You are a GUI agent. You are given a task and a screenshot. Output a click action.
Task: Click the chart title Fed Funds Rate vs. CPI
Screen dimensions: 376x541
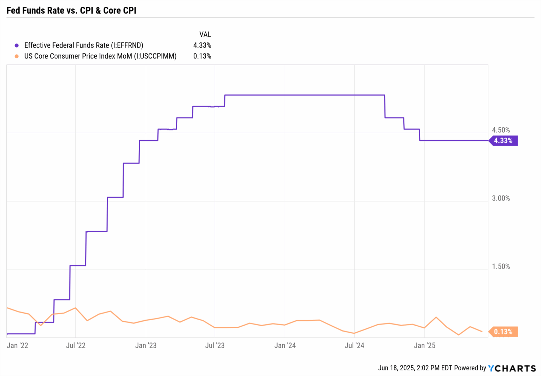[71, 11]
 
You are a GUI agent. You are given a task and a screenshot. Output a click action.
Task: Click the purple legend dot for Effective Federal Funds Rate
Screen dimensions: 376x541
[17, 45]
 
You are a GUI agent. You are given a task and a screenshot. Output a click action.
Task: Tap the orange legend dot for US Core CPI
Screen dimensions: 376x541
[17, 56]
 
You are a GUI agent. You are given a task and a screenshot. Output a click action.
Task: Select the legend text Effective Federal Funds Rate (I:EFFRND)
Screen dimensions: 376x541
[83, 45]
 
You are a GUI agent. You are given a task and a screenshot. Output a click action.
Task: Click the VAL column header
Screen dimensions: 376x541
[205, 35]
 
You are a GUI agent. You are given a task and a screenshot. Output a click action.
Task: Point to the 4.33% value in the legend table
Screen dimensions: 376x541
[202, 45]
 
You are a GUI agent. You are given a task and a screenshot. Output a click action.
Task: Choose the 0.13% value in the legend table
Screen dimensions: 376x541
[202, 56]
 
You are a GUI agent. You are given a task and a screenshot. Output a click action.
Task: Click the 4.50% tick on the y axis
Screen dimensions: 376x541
[500, 130]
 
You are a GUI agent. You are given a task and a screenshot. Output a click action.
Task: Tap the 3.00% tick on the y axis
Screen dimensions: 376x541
[500, 198]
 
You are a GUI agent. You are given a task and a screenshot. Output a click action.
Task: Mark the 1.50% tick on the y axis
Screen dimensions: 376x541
[500, 266]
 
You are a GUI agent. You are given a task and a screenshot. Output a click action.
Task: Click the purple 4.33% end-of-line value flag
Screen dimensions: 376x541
[503, 141]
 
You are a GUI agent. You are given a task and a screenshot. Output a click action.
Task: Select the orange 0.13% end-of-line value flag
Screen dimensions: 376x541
[503, 332]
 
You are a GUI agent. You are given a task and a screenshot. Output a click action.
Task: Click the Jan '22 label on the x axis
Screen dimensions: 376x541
[18, 345]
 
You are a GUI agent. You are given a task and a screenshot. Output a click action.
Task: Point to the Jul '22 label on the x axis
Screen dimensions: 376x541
[76, 345]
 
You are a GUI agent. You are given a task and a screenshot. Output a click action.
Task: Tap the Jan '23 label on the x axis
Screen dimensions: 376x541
[146, 345]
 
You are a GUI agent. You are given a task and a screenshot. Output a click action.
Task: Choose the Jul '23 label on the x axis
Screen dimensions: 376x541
[215, 345]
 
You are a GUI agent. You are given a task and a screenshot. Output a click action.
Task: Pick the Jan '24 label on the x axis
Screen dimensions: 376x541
[285, 345]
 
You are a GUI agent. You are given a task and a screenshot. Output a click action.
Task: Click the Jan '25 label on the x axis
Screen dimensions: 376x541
[424, 345]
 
